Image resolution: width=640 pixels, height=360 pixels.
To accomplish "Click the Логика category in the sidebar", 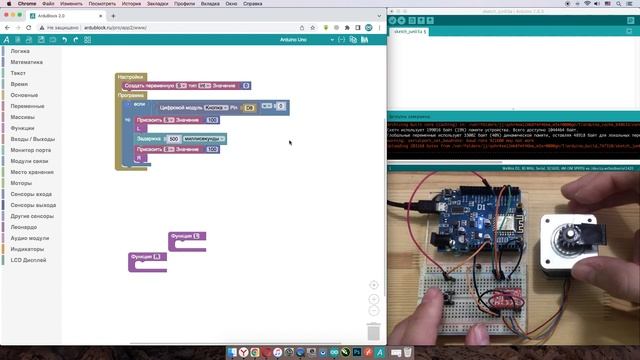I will (x=20, y=50).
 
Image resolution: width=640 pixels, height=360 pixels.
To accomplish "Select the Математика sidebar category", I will (x=27, y=61).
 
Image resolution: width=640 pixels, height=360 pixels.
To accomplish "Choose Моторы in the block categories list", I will (x=22, y=183).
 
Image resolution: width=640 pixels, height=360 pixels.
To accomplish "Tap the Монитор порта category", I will (x=30, y=149).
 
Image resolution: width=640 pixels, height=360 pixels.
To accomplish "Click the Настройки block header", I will (x=132, y=77).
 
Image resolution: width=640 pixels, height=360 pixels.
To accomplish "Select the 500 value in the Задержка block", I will (x=174, y=138).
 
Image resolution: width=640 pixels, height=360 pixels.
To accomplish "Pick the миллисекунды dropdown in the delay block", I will (x=204, y=138).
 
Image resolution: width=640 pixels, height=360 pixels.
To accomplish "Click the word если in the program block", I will (x=139, y=104).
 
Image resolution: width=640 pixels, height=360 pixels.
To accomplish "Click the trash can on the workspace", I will (x=373, y=331).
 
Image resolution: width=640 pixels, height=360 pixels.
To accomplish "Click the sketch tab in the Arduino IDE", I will (x=410, y=32).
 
